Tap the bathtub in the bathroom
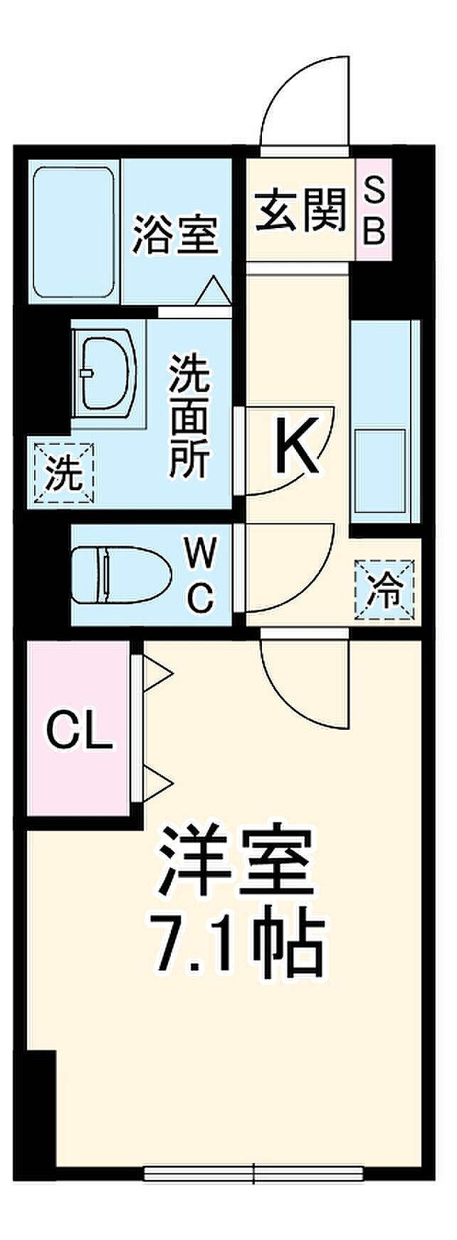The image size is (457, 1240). point(74,233)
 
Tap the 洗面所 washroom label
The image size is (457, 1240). point(189,416)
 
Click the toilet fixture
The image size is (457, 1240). point(122,574)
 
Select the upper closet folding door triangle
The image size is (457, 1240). point(158,673)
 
